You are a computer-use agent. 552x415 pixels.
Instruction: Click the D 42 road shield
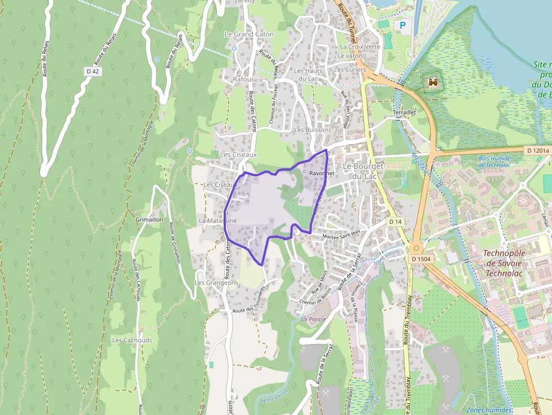point(94,72)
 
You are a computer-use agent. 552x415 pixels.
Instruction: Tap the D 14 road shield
point(395,222)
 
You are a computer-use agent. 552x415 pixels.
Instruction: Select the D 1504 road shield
point(421,258)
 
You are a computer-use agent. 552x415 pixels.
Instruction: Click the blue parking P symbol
point(402,25)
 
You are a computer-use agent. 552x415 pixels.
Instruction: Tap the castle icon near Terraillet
point(433,83)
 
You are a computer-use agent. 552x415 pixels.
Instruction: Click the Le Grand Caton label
point(249,34)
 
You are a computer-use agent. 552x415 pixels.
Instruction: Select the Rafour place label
point(243,79)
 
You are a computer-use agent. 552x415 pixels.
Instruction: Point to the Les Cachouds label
point(132,340)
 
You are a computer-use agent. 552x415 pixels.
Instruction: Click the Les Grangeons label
point(216,282)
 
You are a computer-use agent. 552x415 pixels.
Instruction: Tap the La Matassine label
point(217,220)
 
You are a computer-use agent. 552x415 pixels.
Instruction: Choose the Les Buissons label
point(313,130)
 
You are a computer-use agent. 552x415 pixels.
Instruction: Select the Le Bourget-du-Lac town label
point(364,171)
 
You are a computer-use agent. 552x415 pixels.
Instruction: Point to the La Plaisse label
point(314,319)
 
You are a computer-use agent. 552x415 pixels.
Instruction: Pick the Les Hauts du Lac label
point(308,74)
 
